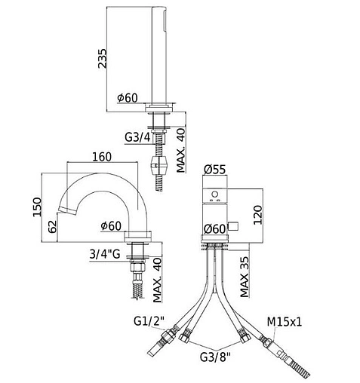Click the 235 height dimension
click(102, 58)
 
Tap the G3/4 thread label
click(137, 137)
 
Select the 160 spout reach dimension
click(102, 157)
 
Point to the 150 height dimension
click(37, 207)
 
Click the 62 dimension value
click(53, 227)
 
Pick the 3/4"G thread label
click(105, 254)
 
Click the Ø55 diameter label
click(214, 170)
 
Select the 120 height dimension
click(257, 215)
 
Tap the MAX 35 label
click(245, 277)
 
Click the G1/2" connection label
click(149, 321)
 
